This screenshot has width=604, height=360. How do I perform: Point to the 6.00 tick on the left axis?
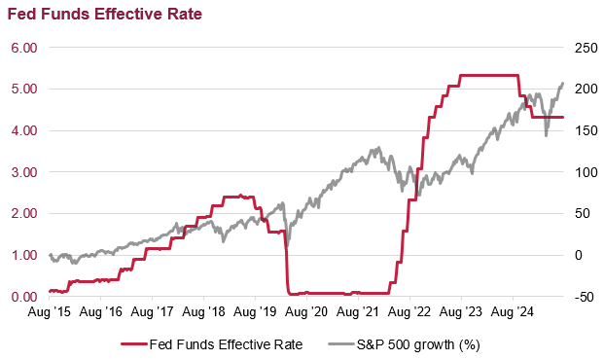23,47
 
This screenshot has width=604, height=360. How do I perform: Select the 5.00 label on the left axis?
23,89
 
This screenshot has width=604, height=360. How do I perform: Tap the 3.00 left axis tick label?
23,172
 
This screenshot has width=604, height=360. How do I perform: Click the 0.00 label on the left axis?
23,297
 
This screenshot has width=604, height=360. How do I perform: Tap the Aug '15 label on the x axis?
49,313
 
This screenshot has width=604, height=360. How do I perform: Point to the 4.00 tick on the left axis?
23,130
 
